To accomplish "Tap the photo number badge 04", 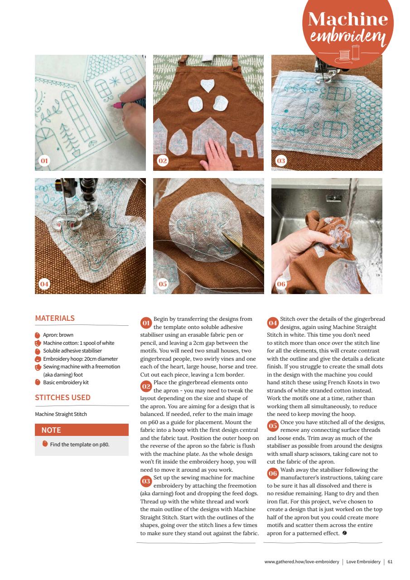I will [44, 284].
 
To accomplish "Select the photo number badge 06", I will [281, 284].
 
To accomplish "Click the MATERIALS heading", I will [55, 318].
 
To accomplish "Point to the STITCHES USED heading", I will [63, 397].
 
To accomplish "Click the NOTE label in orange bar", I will [51, 430].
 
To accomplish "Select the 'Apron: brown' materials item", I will [58, 335].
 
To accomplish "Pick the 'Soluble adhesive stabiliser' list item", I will [72, 351].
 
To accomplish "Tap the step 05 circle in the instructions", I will [273, 425].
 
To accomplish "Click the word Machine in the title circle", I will [348, 19].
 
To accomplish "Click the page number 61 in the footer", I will [390, 562].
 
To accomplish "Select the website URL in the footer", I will [301, 562].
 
